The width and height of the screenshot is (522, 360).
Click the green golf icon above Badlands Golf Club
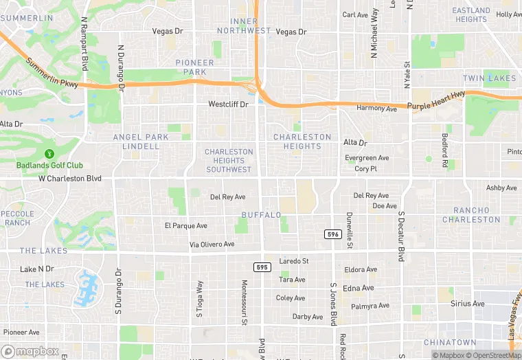click(49, 155)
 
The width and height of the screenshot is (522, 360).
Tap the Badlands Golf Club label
click(49, 165)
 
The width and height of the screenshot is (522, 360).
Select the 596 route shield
click(333, 234)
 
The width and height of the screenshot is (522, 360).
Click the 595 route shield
click(261, 267)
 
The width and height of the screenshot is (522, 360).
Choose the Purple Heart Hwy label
click(436, 100)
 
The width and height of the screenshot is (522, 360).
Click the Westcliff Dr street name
click(228, 104)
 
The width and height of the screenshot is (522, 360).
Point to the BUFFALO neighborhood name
click(262, 215)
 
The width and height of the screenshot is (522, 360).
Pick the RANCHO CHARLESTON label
click(471, 215)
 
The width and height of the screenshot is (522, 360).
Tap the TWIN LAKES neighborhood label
click(489, 78)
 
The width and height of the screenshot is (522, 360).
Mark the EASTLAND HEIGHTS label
click(471, 14)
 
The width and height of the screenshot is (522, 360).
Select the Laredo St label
click(295, 261)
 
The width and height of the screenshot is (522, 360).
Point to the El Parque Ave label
click(186, 225)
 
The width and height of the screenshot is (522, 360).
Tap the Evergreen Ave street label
click(367, 158)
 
